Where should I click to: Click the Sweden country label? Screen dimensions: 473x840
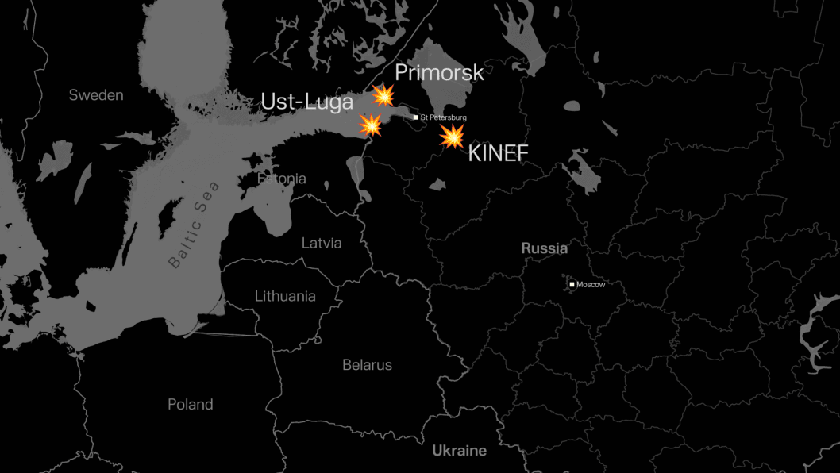(96, 95)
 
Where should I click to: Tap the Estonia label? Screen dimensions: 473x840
(282, 179)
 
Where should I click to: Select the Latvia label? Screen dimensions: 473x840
(322, 243)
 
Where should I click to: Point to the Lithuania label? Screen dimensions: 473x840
(285, 296)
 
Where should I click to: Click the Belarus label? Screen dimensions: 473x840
(367, 365)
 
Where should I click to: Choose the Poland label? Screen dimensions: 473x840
(191, 404)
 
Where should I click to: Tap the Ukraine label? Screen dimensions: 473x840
(459, 451)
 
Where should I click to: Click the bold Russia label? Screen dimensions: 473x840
(544, 248)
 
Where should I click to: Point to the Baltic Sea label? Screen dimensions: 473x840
(195, 225)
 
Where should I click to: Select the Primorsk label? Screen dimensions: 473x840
(439, 73)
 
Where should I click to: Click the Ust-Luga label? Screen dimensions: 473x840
(307, 102)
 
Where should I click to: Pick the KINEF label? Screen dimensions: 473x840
(498, 153)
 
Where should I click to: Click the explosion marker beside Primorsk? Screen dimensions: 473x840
(383, 96)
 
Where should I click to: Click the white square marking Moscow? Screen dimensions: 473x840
(572, 284)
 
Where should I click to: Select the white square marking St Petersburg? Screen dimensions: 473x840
(415, 117)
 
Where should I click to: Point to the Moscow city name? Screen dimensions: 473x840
(591, 284)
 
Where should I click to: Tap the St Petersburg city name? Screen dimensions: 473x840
(443, 117)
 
